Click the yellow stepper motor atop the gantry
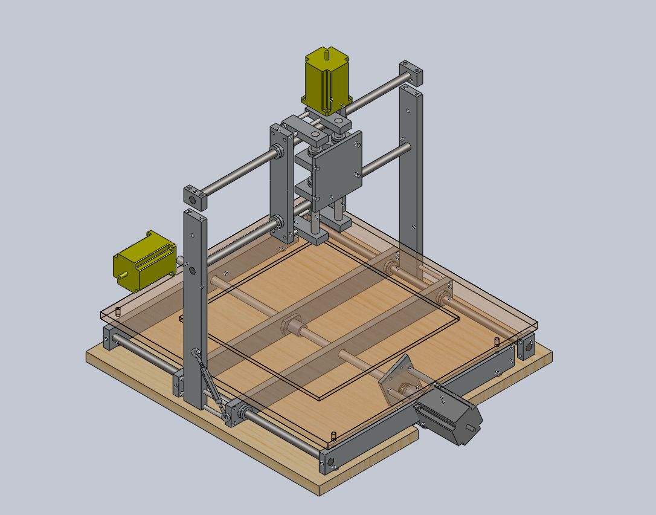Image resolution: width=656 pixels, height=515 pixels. (x=327, y=82)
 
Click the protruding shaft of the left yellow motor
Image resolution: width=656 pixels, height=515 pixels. (x=123, y=274)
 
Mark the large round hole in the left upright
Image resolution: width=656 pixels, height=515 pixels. (x=193, y=271)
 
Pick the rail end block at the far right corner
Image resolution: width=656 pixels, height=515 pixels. (x=526, y=348)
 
